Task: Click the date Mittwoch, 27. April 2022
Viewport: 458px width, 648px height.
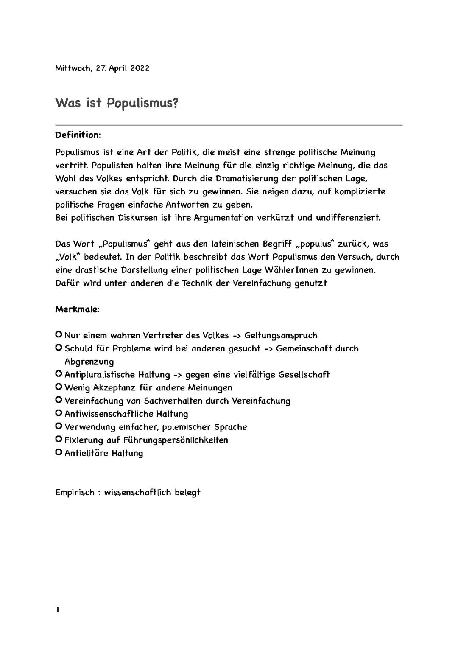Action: (102, 68)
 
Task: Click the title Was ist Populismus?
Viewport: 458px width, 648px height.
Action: (116, 103)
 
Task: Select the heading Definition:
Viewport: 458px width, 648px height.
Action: (78, 135)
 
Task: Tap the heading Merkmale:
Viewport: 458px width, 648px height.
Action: (78, 309)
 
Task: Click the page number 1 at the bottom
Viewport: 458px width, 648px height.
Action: (58, 610)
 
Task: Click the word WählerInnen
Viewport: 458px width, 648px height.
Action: (291, 270)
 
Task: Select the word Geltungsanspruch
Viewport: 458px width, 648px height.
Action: (281, 336)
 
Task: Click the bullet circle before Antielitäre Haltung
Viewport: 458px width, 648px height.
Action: (59, 452)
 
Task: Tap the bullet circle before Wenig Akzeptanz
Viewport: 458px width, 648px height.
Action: (59, 387)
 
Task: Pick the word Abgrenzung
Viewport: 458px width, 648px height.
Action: (89, 362)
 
